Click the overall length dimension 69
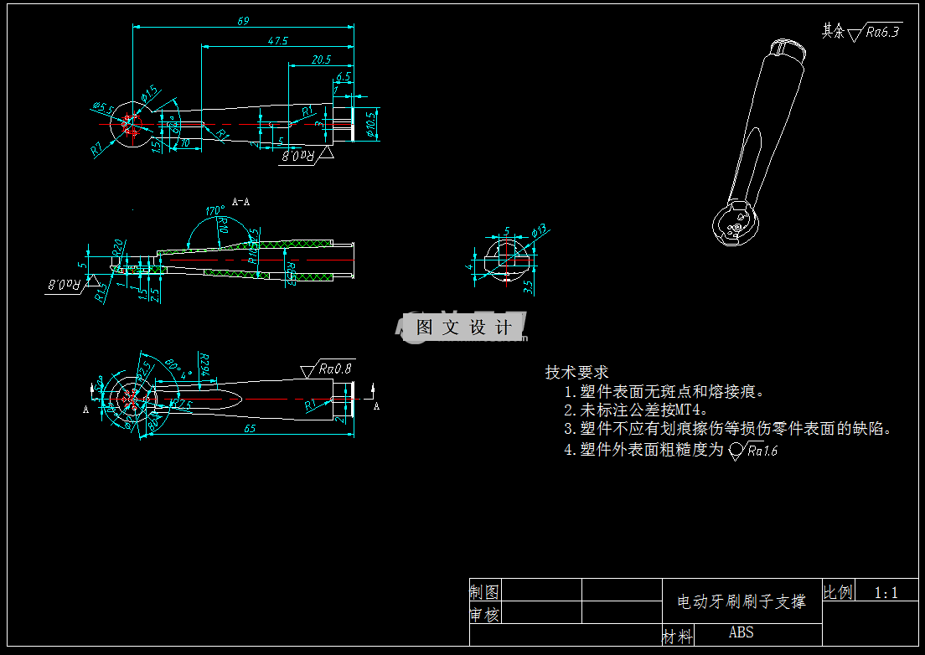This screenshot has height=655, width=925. [243, 21]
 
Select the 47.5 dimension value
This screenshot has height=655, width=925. [278, 40]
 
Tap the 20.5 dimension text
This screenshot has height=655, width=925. [321, 59]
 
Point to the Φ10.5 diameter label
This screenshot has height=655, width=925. [372, 124]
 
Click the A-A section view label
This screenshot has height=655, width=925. [240, 202]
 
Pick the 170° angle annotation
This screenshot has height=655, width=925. [215, 210]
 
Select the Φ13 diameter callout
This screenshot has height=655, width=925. [539, 230]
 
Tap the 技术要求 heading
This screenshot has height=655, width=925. [576, 372]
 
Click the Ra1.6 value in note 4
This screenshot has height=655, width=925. [762, 451]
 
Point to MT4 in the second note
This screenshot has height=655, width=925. [687, 410]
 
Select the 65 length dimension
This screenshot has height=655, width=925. [250, 428]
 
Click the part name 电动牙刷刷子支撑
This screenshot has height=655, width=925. [741, 601]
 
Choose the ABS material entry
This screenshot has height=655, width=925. [741, 632]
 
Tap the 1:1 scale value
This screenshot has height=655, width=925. [886, 593]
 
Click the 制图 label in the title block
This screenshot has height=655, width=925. [484, 591]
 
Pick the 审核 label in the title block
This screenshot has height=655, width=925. [484, 615]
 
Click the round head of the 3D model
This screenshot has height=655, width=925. [735, 223]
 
